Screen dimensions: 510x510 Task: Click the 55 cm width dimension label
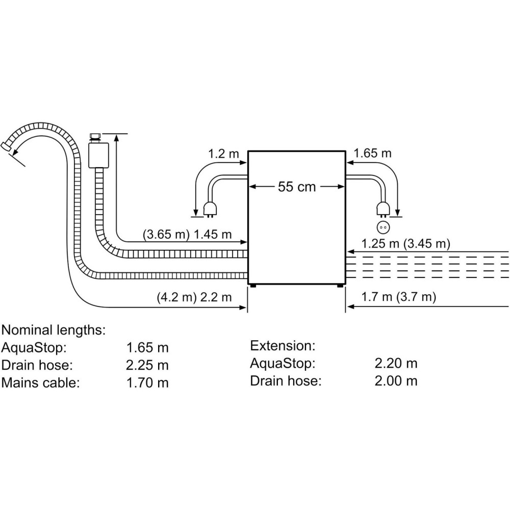296,187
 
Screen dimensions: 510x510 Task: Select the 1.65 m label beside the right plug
372,153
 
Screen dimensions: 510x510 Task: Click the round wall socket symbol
382,227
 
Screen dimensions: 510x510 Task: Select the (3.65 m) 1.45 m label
187,235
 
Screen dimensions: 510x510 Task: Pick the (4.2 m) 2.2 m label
194,297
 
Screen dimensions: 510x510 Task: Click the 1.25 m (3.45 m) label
405,244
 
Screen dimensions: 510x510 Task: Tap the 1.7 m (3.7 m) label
398,297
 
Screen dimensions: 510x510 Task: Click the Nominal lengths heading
54,329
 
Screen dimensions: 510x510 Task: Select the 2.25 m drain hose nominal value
147,365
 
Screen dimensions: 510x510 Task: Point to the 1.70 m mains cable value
147,382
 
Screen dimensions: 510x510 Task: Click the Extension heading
283,346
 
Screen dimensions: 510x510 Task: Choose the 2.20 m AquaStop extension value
396,363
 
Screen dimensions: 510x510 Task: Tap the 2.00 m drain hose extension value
396,380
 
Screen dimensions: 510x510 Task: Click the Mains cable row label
41,382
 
